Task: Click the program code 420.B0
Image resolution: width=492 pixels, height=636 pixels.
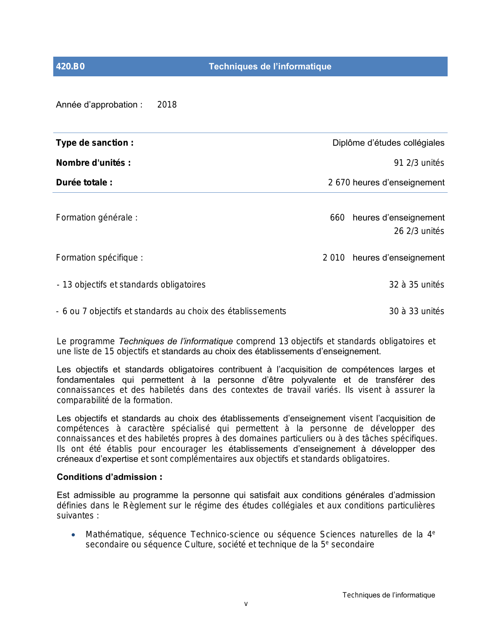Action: point(70,66)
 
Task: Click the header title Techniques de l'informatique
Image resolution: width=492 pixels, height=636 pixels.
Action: point(270,66)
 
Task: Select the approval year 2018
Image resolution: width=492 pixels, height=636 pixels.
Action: point(167,104)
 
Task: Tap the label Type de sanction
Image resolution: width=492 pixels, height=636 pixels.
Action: point(95,143)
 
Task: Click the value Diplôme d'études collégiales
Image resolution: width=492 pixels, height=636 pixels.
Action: point(388,143)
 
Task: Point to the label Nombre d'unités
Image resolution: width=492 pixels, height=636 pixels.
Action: point(93,163)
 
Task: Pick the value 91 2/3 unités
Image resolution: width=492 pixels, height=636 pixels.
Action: point(419,163)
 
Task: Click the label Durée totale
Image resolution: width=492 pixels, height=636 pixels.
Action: point(84,182)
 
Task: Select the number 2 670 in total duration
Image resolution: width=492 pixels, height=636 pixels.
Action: point(339,183)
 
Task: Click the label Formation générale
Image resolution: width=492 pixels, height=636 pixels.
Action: point(96,217)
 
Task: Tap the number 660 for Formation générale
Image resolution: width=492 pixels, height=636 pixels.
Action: point(337,217)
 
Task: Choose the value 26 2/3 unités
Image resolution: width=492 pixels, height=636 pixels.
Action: point(419,231)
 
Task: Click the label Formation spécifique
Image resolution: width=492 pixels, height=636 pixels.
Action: point(99,257)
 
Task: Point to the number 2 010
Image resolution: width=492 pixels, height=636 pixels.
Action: point(333,257)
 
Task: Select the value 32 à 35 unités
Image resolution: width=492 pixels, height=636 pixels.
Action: point(416,284)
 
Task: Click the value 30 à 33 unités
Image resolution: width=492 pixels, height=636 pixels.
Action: point(416,311)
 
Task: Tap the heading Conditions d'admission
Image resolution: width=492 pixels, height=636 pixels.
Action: point(109,477)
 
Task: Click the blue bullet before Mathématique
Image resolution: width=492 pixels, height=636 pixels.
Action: point(73,535)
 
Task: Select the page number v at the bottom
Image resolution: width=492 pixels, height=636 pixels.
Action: point(246,604)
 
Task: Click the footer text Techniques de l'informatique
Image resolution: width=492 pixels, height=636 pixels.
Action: point(389,595)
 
